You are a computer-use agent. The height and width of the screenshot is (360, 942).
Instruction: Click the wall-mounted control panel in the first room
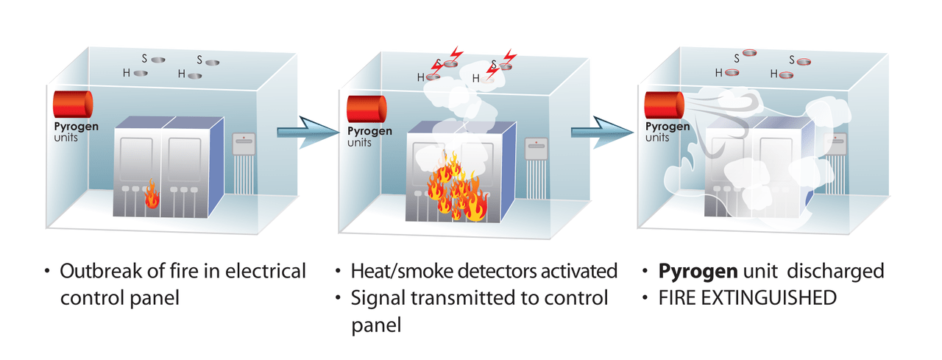click(244, 145)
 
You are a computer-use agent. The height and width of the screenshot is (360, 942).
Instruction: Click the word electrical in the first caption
click(268, 271)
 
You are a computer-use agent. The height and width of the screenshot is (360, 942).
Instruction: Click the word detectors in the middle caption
click(494, 271)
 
